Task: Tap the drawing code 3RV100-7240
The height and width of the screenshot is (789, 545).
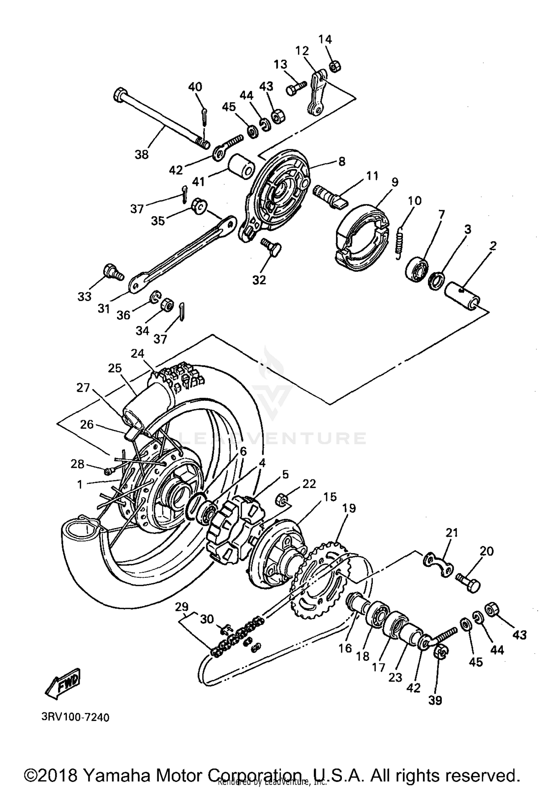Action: coord(75,718)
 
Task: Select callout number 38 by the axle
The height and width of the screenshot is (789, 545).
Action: coord(141,154)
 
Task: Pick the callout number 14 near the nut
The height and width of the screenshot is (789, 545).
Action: coord(325,39)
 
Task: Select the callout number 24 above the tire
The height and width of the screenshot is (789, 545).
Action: coord(138,353)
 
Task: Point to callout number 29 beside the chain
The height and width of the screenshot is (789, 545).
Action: coord(182,606)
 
